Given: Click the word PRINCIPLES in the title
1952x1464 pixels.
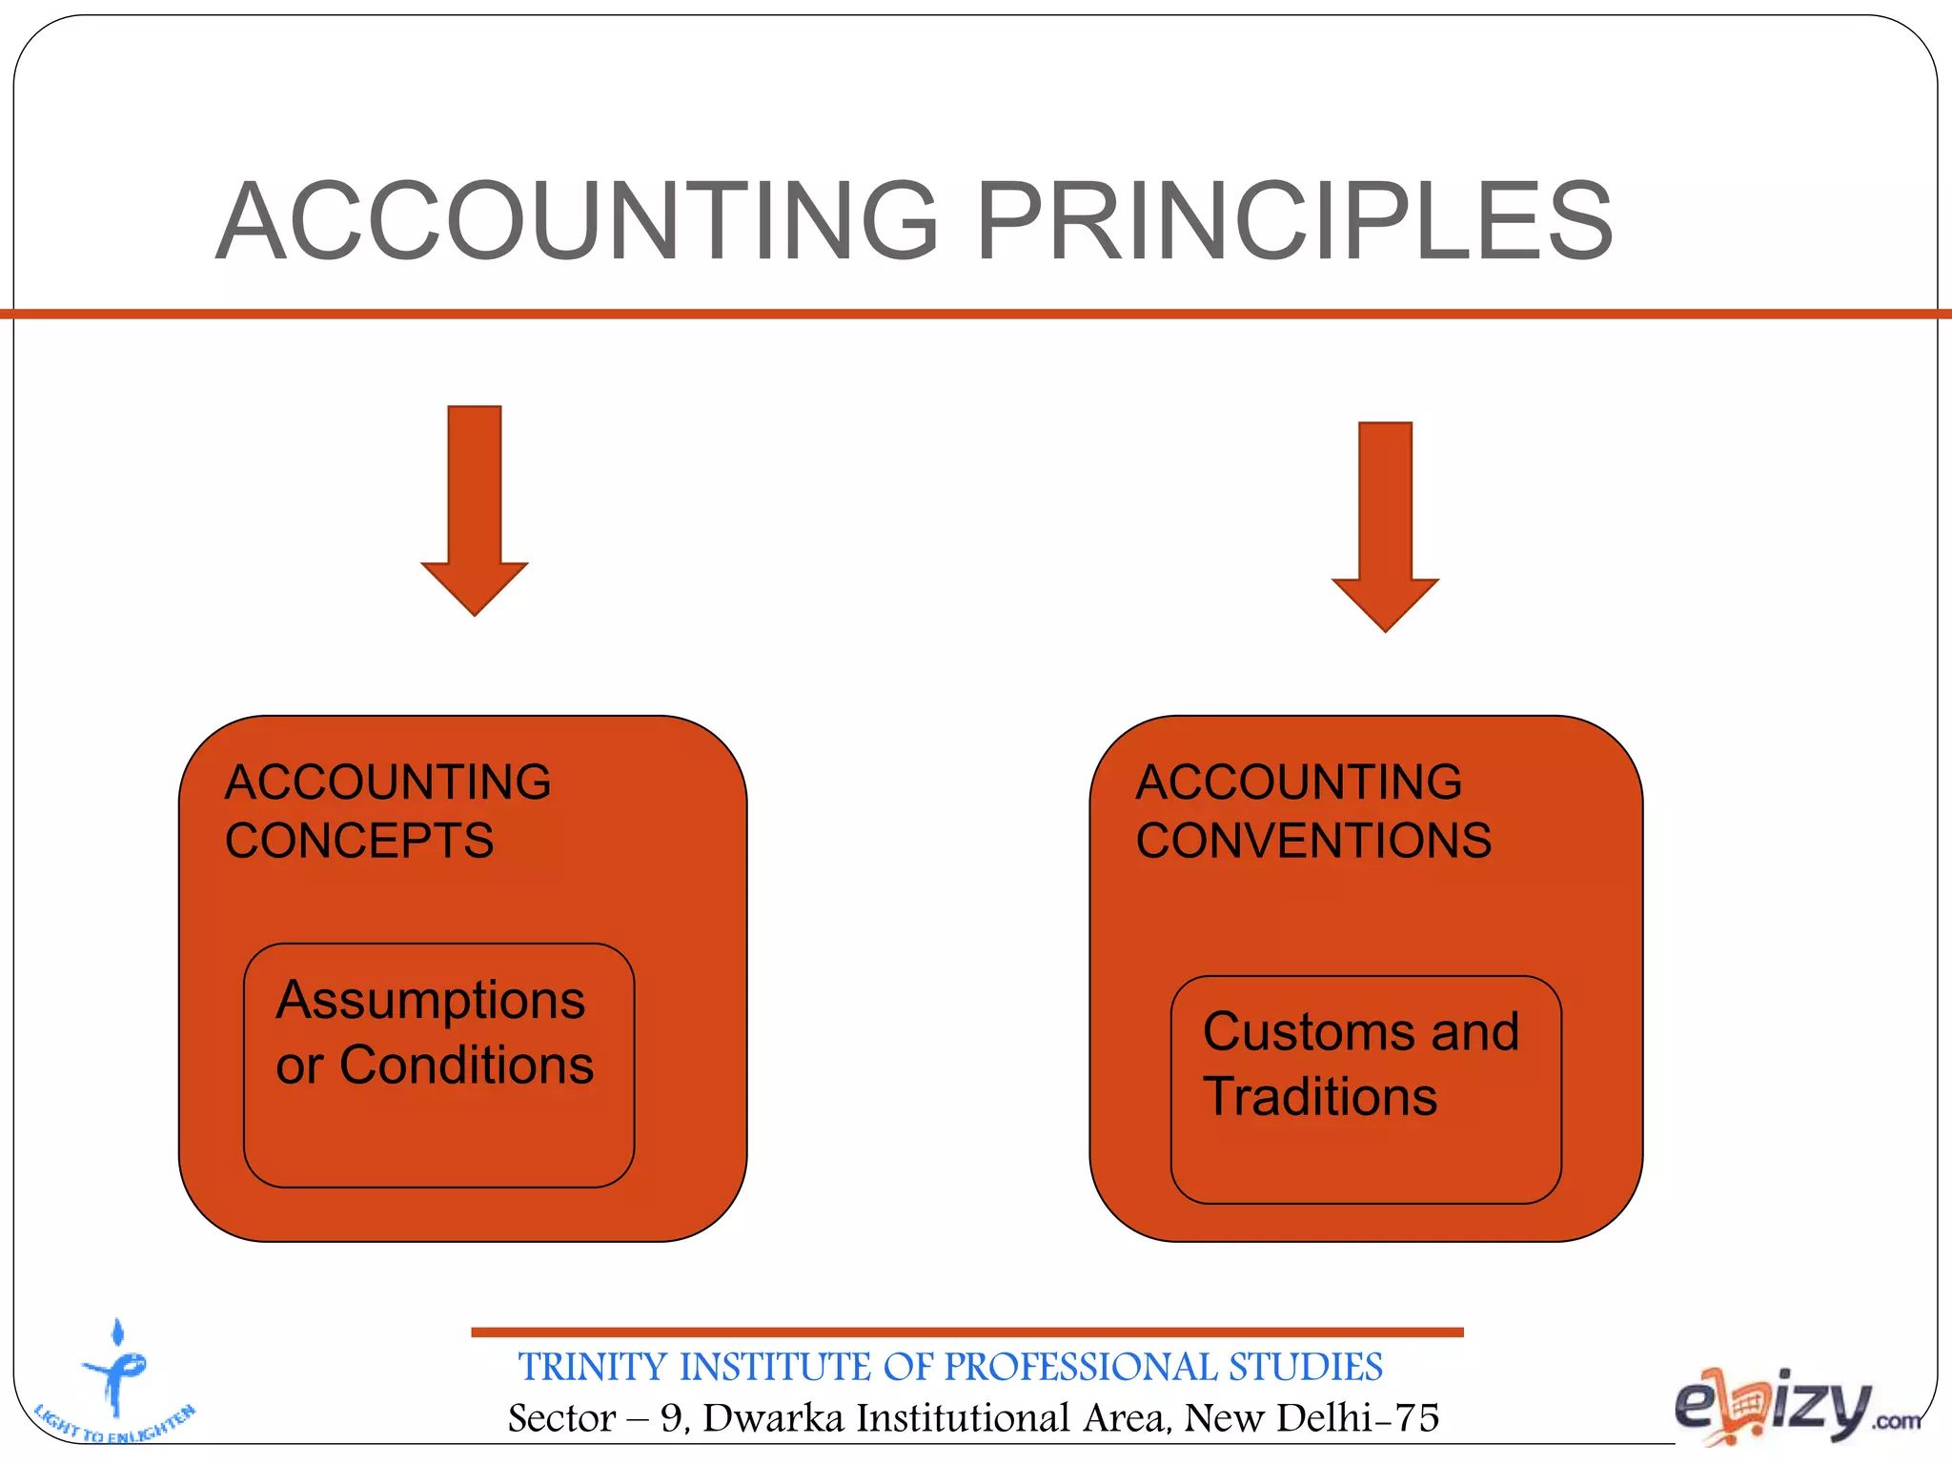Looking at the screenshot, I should (1294, 221).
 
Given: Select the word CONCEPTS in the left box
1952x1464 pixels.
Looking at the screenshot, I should (359, 841).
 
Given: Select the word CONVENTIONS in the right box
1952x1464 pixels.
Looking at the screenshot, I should (1313, 841).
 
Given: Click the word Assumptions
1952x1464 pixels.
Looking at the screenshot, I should (431, 1001).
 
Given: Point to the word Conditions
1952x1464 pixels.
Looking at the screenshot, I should (466, 1065).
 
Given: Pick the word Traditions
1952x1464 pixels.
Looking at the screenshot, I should (1320, 1096).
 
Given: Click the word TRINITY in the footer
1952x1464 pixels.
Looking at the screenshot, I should (593, 1368).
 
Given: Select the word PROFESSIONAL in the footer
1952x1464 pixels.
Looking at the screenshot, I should (1081, 1368).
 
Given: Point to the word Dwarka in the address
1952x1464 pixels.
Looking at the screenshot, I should (773, 1418).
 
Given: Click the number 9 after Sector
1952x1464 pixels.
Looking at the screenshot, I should (672, 1418).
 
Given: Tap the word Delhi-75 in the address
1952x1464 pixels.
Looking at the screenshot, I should (1357, 1418).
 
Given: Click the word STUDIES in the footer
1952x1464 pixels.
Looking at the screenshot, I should (1305, 1368).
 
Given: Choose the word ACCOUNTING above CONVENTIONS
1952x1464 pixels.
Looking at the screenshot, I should (1298, 783).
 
